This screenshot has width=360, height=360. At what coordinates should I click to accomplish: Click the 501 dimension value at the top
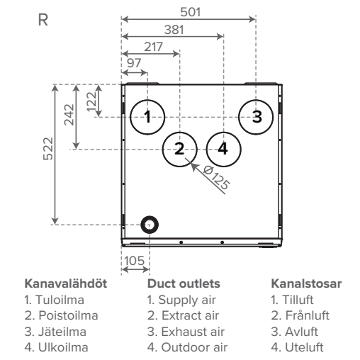click(x=191, y=12)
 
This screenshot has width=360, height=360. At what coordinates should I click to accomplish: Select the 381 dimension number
click(x=174, y=30)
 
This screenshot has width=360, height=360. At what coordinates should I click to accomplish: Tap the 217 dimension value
click(x=154, y=47)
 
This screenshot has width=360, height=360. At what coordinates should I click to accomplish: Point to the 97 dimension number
click(x=134, y=63)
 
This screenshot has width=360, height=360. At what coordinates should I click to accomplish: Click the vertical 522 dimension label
click(x=48, y=149)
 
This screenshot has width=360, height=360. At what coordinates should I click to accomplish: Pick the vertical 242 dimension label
click(x=69, y=115)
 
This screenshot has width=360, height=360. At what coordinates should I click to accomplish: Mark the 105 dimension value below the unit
click(x=134, y=261)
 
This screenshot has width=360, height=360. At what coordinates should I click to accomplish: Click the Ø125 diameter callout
click(x=216, y=177)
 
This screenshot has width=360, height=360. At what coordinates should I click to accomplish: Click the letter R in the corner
click(x=43, y=20)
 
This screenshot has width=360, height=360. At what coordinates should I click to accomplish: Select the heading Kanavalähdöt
click(x=66, y=283)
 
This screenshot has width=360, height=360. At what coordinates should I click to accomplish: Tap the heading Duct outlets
click(x=184, y=283)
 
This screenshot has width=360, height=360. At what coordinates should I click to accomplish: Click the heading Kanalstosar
click(x=306, y=283)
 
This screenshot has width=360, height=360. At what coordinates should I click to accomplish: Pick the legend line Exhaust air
click(x=186, y=332)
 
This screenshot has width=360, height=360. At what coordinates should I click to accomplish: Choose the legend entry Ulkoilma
click(x=56, y=347)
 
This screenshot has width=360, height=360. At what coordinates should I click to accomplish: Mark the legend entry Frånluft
click(x=300, y=315)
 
